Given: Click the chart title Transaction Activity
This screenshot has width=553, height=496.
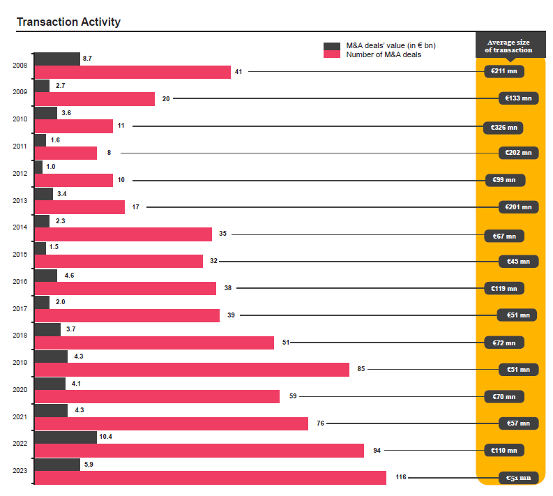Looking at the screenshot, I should point(68,22).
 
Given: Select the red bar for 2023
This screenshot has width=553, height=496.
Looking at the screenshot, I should point(210,478).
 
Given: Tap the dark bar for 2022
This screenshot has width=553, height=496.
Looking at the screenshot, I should point(66,437).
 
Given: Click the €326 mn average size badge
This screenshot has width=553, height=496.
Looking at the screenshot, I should point(503,128).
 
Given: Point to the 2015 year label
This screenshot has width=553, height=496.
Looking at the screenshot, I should point(20,255).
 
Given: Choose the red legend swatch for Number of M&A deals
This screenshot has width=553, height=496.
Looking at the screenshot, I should point(331,55).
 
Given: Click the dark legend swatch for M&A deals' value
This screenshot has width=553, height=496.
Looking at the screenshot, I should point(331,46).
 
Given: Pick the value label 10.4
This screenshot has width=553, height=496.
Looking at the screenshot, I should point(106,437).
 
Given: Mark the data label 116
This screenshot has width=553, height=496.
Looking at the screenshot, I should point(401,478).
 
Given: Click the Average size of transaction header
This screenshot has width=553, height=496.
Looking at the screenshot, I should point(509,46).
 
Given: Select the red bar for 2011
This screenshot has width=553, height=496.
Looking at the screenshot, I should point(66,153).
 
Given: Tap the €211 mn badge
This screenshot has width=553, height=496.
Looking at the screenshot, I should point(503,71).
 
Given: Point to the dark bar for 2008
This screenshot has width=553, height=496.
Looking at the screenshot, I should point(57,59).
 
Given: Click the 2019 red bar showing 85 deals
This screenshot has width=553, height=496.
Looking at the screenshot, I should point(192,370).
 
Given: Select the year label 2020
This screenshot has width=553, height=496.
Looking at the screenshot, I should point(20,389).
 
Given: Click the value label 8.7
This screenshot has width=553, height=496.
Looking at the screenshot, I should point(87,59).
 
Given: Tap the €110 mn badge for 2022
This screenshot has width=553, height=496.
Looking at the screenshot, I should point(503,451).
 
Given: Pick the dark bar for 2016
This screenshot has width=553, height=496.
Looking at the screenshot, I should point(46,276).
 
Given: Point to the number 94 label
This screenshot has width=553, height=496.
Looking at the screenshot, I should point(377,451).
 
